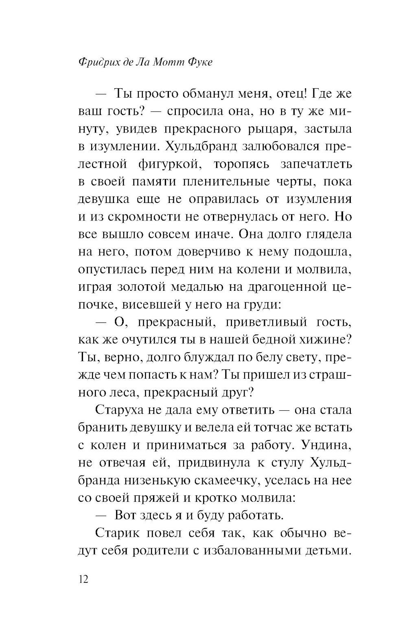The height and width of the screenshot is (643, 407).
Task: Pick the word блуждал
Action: click(196, 357)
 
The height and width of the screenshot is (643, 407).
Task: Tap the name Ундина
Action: click(326, 445)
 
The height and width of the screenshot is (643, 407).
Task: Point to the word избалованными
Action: click(256, 551)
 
